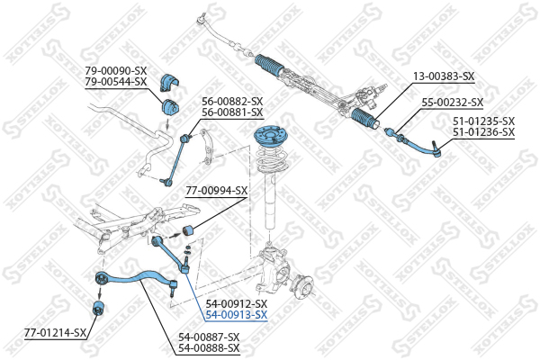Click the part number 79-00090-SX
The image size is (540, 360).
116,71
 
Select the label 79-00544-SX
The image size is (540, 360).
116,82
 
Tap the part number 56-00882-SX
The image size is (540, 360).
232,102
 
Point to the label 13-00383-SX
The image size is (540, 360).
444,76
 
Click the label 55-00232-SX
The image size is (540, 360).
453,103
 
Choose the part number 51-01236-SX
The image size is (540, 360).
483,132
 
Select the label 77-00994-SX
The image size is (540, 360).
217,191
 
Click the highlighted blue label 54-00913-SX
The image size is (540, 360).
236,315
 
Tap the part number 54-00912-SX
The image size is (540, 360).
236,304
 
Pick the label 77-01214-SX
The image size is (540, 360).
55,333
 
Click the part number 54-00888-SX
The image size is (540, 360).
209,348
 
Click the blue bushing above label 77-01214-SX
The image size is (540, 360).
99,307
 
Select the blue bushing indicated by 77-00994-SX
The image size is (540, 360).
188,230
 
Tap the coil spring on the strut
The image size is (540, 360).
273,159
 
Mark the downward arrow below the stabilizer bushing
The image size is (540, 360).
167,123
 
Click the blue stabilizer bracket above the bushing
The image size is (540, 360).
169,82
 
